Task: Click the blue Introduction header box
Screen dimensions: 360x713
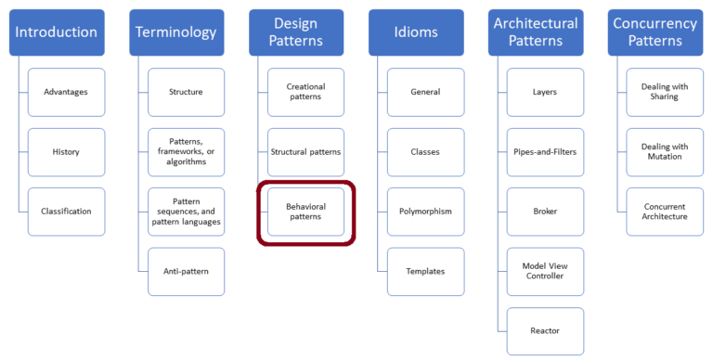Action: (56, 32)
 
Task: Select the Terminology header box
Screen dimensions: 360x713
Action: (175, 32)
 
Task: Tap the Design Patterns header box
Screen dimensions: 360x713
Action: (296, 32)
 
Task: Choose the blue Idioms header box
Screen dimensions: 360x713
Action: (415, 32)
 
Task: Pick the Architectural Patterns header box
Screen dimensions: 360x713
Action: (535, 32)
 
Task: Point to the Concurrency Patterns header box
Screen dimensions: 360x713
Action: (655, 32)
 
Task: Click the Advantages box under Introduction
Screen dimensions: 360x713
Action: (66, 92)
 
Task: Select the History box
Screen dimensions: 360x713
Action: (66, 151)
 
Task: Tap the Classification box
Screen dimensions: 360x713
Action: (66, 212)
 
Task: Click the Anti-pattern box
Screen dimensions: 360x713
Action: (186, 271)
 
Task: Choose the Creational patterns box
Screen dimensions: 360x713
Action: (305, 92)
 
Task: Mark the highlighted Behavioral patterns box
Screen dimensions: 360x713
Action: (305, 212)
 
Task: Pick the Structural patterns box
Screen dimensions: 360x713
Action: (305, 151)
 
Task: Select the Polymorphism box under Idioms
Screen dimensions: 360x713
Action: (425, 212)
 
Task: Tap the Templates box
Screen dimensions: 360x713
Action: (425, 271)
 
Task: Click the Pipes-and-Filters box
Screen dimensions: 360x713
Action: (545, 151)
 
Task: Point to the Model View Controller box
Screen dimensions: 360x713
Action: (545, 271)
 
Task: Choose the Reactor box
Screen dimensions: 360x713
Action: (545, 330)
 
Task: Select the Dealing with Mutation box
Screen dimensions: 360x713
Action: (665, 151)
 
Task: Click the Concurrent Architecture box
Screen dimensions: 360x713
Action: (665, 212)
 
